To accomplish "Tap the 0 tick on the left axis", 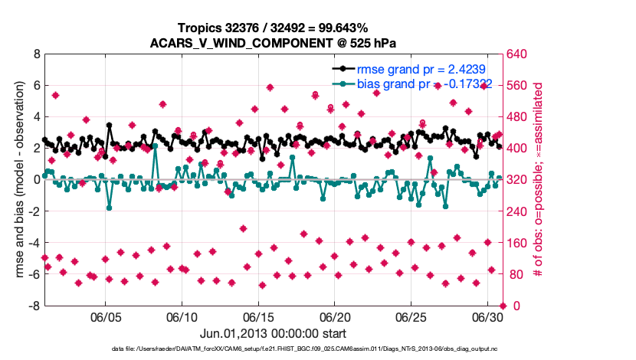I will [36, 180].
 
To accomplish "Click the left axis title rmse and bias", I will [16, 180].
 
